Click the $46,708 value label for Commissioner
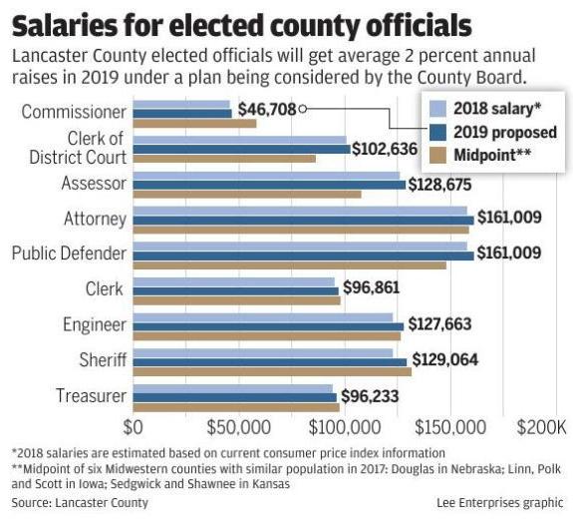coord(267,109)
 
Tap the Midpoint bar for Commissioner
coord(194,123)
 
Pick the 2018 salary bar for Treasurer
coord(232,388)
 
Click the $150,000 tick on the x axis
coord(453,427)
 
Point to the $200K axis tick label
coord(541,427)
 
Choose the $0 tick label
coord(133,427)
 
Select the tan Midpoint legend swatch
coord(434,156)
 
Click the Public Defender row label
coord(69,254)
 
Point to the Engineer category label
coord(94,324)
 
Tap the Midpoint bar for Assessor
coord(246,194)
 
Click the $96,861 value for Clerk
coord(375,290)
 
